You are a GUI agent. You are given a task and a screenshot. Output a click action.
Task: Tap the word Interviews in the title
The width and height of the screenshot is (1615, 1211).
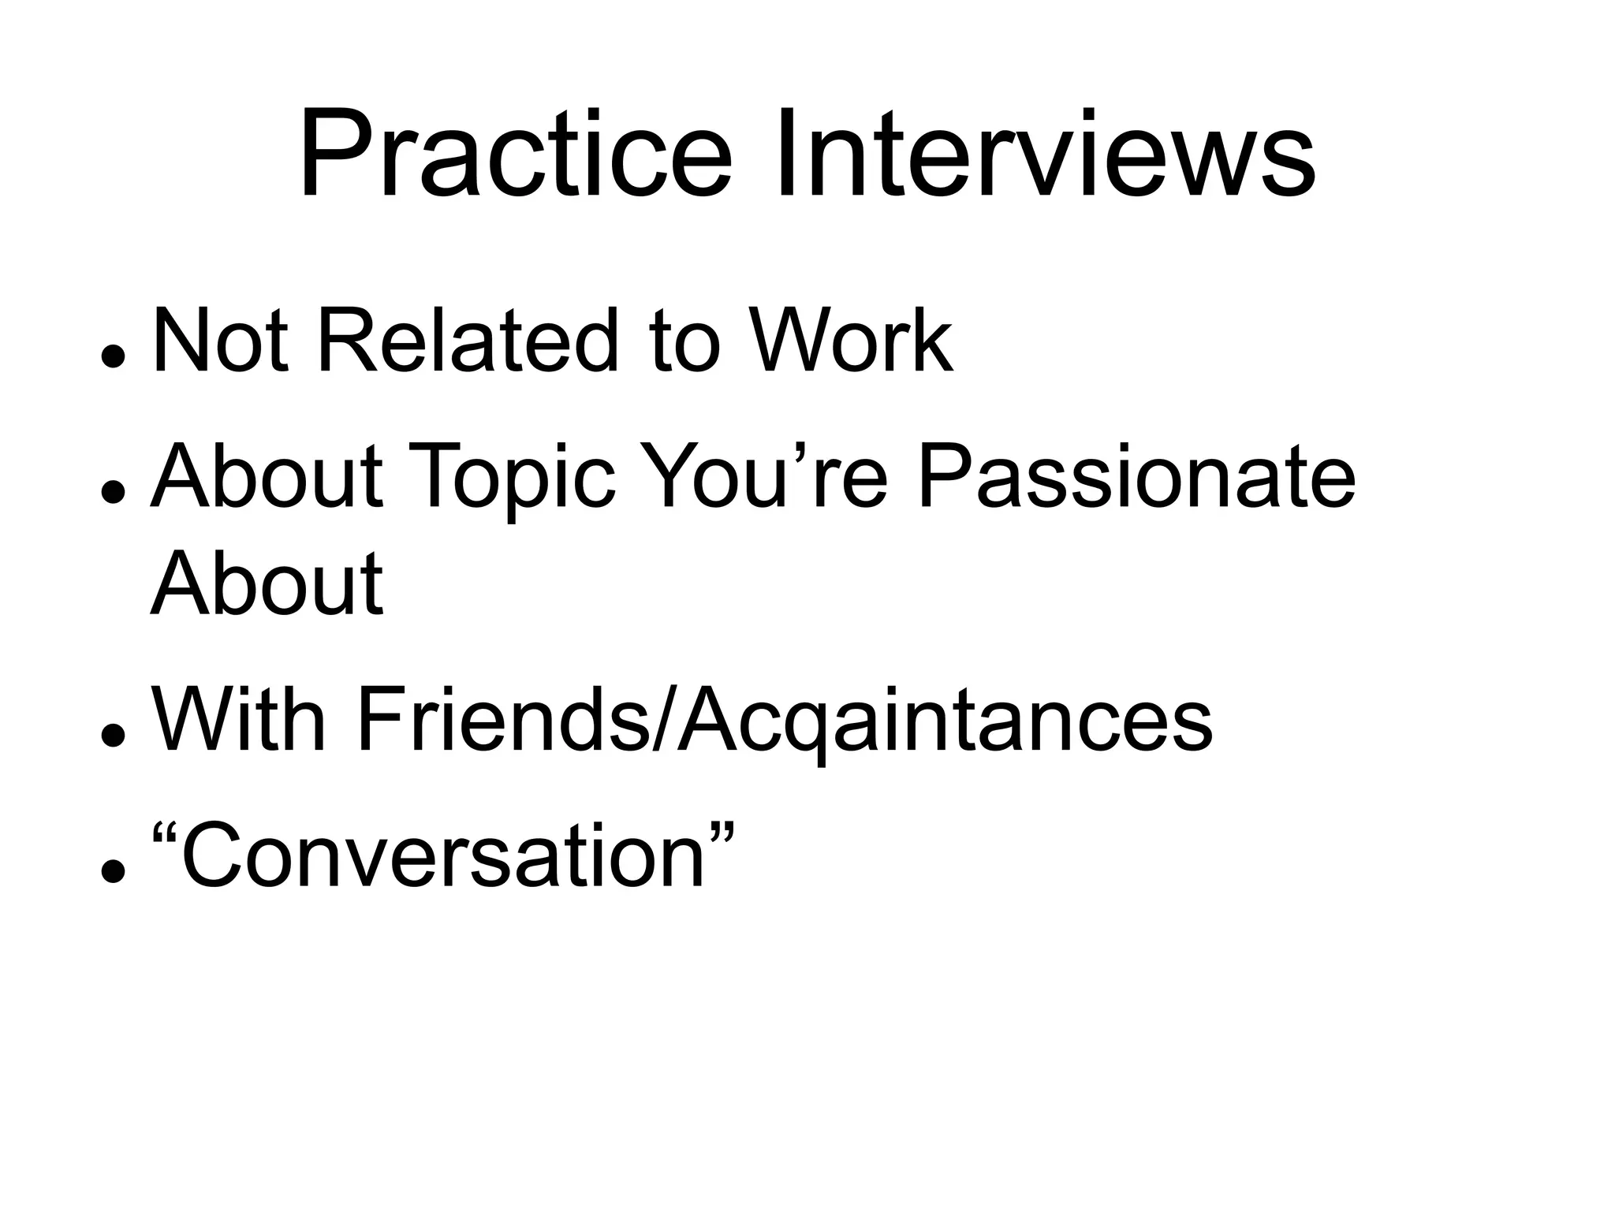pyautogui.click(x=1044, y=156)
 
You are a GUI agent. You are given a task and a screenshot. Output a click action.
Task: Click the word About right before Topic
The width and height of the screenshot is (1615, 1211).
pyautogui.click(x=267, y=476)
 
